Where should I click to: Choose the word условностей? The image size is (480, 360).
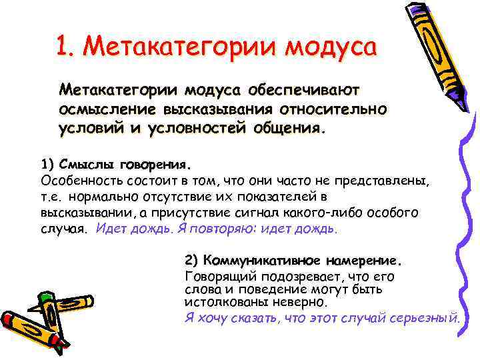click(x=193, y=127)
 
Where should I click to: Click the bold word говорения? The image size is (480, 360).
click(x=154, y=164)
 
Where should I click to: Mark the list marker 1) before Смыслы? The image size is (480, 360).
click(x=48, y=164)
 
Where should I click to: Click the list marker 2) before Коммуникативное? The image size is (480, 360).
click(x=192, y=259)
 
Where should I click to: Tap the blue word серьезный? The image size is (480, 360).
click(x=425, y=317)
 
